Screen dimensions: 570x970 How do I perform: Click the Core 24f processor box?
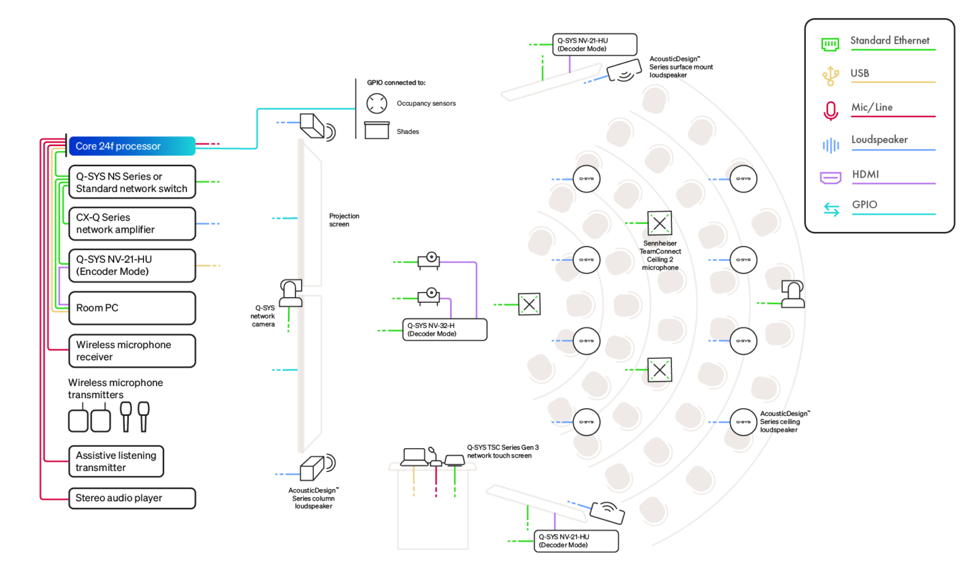coord(131,146)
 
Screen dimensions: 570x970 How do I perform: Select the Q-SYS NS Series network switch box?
coord(131,183)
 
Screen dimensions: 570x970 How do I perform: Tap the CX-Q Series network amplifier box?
coord(131,224)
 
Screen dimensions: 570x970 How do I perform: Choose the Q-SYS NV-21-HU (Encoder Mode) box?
coord(131,265)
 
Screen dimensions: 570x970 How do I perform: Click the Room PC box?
coord(131,308)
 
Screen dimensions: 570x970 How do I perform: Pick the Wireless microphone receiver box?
coord(131,351)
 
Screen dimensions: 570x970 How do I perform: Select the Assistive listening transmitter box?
coord(116,461)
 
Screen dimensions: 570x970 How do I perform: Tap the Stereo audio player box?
coord(131,498)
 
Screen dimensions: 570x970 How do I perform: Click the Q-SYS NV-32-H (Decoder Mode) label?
coord(445,329)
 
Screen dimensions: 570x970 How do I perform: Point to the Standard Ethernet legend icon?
coord(830,44)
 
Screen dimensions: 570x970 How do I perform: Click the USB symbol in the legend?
coord(830,75)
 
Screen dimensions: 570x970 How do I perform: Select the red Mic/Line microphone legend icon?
coord(830,111)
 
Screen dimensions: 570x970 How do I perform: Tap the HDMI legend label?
coord(865,174)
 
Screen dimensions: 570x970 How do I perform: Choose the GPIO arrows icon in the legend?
coord(831,209)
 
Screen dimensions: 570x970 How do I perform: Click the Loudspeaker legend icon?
coord(830,145)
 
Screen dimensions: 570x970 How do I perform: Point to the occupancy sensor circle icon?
coord(377,103)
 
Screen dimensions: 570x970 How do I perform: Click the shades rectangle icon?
coord(377,130)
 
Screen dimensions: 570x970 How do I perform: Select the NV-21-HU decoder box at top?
coord(594,45)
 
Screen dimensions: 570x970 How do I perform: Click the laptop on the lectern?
coord(414,457)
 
